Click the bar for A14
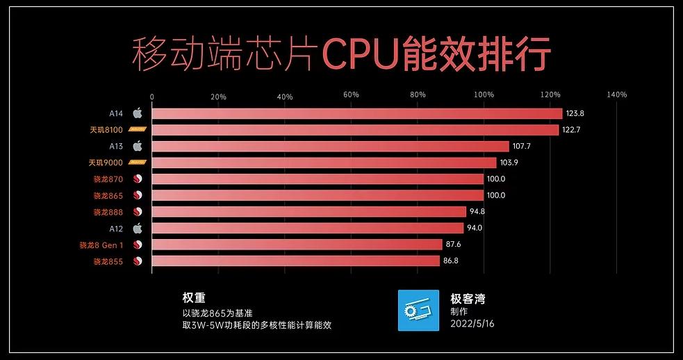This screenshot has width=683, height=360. pyautogui.click(x=356, y=113)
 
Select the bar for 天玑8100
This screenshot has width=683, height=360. pyautogui.click(x=354, y=130)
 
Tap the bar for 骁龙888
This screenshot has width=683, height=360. pyautogui.click(x=308, y=212)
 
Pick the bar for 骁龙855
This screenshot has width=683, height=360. pyautogui.click(x=295, y=261)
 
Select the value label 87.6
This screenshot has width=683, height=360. pyautogui.click(x=454, y=245)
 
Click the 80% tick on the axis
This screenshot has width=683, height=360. pyautogui.click(x=418, y=95)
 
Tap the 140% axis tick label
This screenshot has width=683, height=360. pyautogui.click(x=616, y=95)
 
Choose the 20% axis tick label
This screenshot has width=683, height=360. pyautogui.click(x=218, y=95)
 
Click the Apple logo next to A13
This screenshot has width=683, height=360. pyautogui.click(x=138, y=146)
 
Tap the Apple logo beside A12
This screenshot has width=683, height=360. pyautogui.click(x=138, y=228)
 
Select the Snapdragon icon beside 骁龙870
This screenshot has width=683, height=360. pyautogui.click(x=138, y=179)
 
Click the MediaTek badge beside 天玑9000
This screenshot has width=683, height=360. pyautogui.click(x=137, y=163)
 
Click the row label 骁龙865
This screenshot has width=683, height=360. pyautogui.click(x=108, y=195)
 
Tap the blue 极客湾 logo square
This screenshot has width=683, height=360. pyautogui.click(x=418, y=310)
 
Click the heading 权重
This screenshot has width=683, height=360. pyautogui.click(x=194, y=297)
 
